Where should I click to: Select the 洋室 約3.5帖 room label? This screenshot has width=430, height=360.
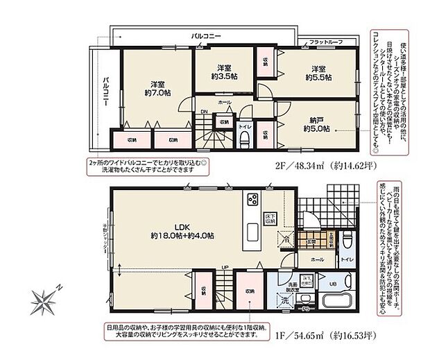223,73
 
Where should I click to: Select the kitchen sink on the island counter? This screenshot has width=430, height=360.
251,232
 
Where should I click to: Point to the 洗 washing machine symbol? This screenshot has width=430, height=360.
282,302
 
